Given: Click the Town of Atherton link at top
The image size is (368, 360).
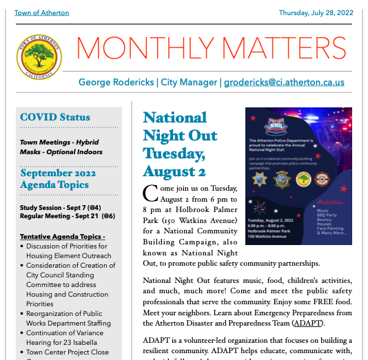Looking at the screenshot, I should [x=41, y=13].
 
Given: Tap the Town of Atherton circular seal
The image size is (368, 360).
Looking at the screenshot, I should [x=39, y=57].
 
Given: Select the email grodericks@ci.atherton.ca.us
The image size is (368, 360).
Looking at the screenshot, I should [x=284, y=82].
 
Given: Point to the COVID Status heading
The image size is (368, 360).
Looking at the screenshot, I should [x=55, y=117].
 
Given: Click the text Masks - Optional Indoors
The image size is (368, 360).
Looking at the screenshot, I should [x=61, y=151].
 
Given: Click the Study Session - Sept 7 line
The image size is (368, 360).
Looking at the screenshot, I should [x=61, y=207].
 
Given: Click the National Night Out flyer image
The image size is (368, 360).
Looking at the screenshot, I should [x=298, y=176].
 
